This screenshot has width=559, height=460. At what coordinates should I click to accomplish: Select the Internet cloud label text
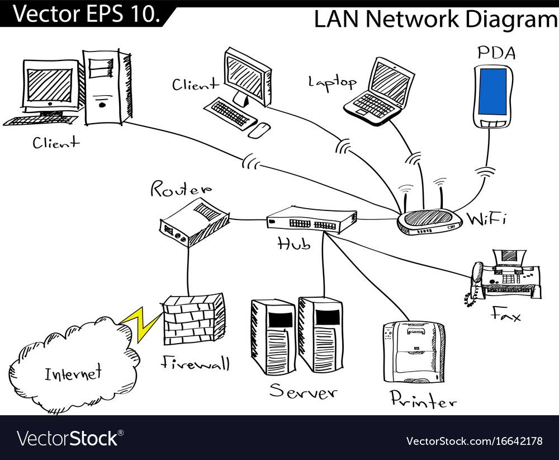(73, 372)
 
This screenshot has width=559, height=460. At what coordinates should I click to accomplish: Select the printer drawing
(414, 352)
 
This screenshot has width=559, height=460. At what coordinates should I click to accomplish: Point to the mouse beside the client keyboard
(259, 130)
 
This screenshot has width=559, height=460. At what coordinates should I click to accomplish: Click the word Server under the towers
(303, 391)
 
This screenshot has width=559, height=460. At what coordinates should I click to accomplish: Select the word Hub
(294, 243)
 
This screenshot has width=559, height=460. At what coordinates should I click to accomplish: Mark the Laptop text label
(332, 82)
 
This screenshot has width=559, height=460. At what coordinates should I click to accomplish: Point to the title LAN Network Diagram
(435, 19)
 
